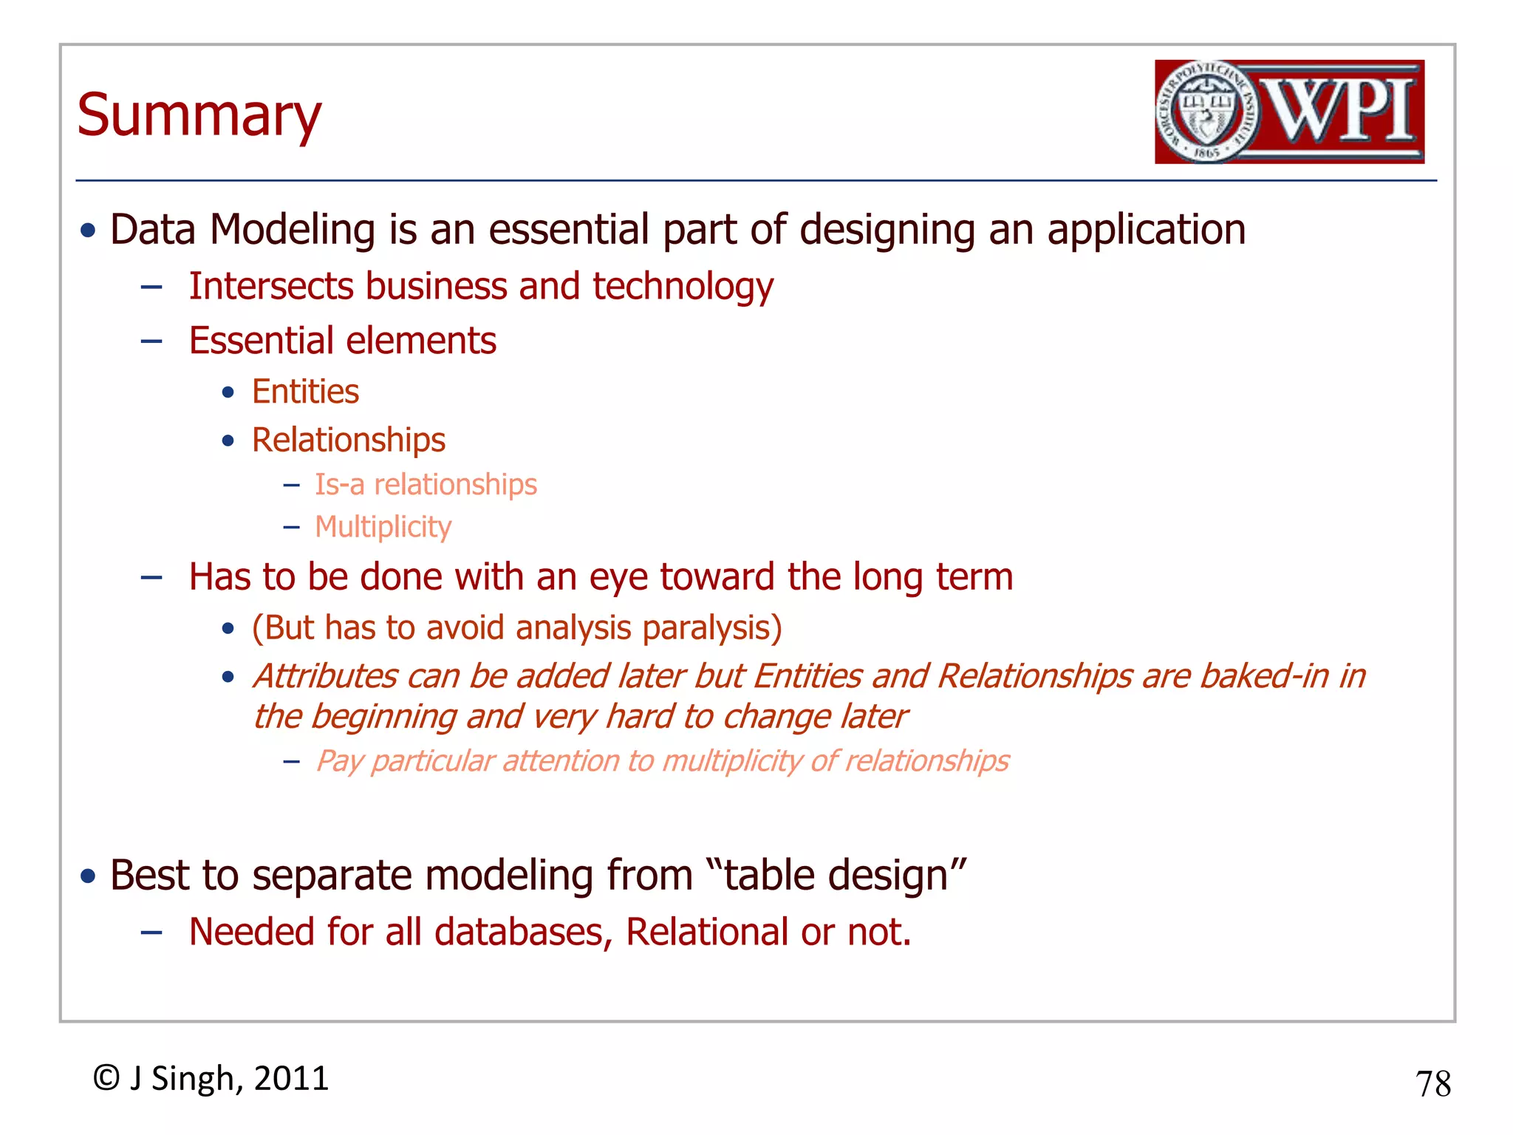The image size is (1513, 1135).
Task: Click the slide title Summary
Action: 199,116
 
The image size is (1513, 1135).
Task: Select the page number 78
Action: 1432,1084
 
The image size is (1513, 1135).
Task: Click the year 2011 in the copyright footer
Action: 291,1078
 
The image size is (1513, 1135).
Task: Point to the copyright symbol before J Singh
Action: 106,1078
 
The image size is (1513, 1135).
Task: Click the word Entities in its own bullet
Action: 305,392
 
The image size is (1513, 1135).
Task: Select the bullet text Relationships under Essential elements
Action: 348,440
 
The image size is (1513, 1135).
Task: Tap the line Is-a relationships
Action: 426,485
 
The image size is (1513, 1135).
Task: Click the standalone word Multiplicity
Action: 383,527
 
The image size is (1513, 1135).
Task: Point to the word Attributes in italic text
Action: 326,676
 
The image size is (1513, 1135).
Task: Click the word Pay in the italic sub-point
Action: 339,761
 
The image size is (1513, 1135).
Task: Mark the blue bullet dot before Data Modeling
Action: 89,231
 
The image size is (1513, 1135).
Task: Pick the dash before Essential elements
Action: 151,341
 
